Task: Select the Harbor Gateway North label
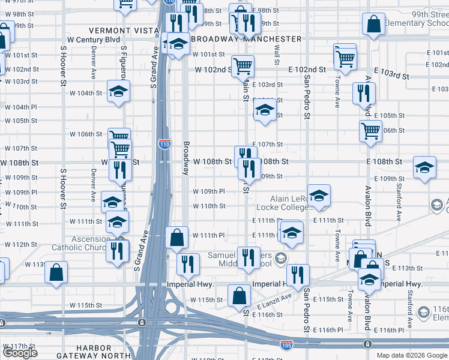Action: coord(94,352)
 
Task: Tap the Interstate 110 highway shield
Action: coord(164,144)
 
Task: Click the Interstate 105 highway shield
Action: coord(286,345)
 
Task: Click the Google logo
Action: coord(20,353)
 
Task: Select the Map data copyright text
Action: coord(412,355)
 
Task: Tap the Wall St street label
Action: coord(277,56)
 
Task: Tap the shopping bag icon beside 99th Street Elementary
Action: coord(373,25)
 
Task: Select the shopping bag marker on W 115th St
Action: coord(239,295)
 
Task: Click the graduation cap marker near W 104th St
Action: coord(118,91)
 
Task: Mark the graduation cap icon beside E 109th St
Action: coord(424,167)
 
